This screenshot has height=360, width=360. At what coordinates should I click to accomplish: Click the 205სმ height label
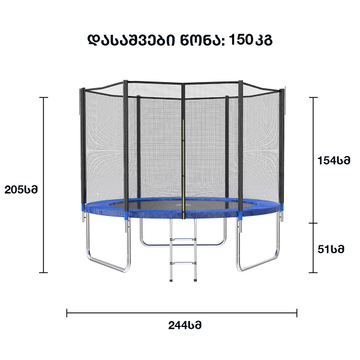[21, 190]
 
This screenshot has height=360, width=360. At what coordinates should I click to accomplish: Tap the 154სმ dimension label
[334, 160]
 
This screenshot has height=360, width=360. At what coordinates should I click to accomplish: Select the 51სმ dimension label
[331, 249]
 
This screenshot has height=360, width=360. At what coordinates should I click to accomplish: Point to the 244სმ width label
[185, 325]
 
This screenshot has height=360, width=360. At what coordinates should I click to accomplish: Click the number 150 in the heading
[241, 40]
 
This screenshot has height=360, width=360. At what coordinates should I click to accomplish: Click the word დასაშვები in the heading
[131, 40]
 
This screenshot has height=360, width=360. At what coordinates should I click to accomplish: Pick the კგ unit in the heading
[263, 41]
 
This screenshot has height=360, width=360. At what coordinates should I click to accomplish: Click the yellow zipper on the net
[183, 169]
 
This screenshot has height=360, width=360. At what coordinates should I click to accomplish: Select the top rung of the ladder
[183, 239]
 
